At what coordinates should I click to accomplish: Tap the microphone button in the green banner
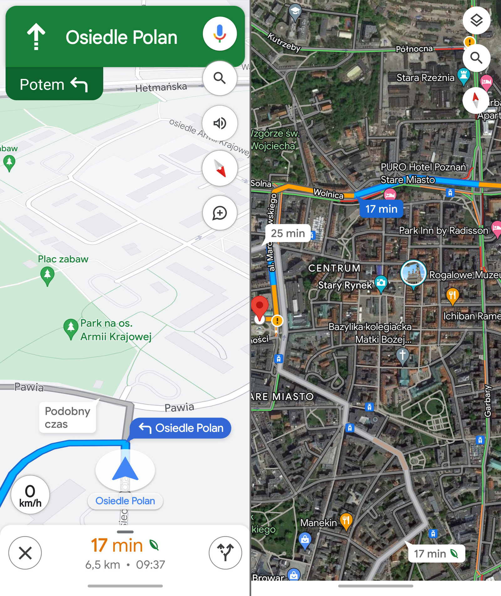click(220, 34)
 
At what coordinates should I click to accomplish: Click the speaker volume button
click(220, 123)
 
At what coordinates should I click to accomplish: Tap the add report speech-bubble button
click(220, 213)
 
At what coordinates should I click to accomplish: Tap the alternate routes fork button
click(225, 552)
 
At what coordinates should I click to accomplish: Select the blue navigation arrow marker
click(125, 469)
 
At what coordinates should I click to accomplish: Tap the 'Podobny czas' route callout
click(67, 417)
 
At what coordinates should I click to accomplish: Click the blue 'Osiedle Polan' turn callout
click(181, 428)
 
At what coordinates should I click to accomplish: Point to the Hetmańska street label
click(161, 87)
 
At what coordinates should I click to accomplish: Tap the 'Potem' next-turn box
click(54, 84)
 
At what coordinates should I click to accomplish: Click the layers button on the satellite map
click(476, 21)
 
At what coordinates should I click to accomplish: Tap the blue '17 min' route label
click(381, 209)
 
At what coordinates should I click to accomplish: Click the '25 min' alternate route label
click(287, 233)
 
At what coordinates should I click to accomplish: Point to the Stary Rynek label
click(345, 285)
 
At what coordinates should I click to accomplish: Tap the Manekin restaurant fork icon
click(346, 521)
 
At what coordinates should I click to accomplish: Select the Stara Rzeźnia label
click(425, 77)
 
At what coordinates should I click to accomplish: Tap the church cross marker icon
click(403, 355)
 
